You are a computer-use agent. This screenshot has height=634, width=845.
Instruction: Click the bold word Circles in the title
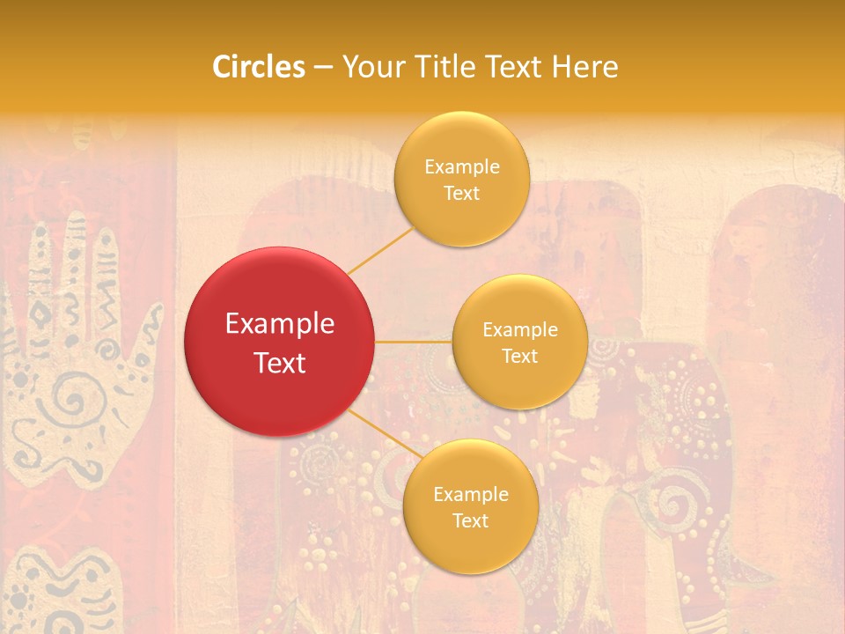(x=258, y=67)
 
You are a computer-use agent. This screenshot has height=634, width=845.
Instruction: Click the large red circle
(x=280, y=342)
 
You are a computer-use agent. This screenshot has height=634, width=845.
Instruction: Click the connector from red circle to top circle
(x=382, y=249)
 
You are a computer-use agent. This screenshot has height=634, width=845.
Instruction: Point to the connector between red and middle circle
(x=413, y=342)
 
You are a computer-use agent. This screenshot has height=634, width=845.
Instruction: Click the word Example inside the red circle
(x=280, y=324)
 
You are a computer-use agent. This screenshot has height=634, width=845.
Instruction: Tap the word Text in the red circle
(x=280, y=363)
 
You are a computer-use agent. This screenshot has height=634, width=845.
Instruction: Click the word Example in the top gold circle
(x=462, y=167)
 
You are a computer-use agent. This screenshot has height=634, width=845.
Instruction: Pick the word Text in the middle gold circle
(x=519, y=357)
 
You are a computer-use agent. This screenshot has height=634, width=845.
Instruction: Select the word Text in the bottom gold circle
(x=470, y=521)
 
